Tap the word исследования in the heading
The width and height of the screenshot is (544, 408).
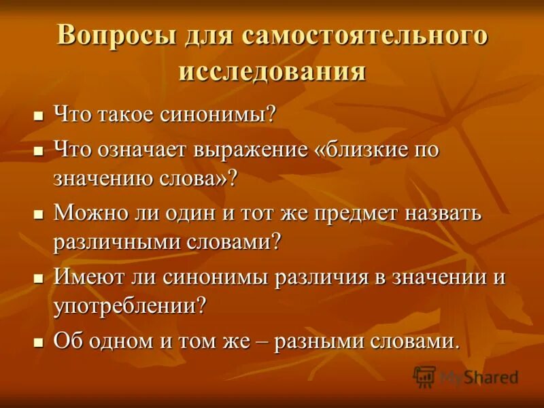[272, 71]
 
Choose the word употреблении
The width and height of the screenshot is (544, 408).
[126, 307]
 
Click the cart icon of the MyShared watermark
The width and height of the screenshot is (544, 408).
[424, 376]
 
